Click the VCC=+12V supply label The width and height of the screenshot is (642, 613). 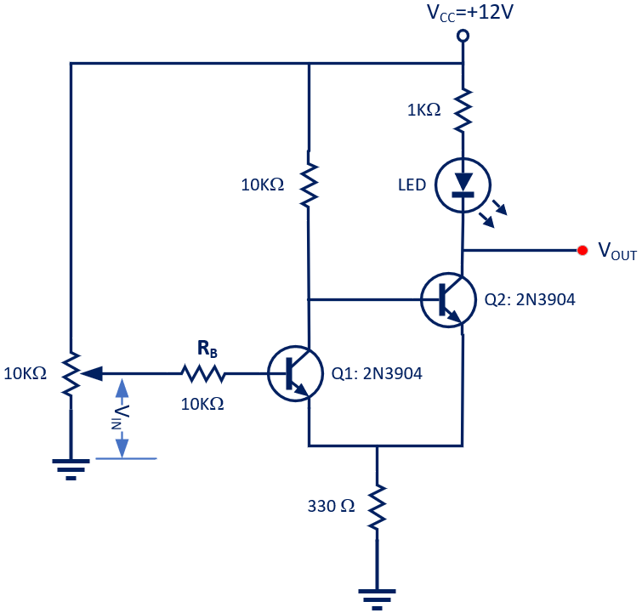pos(463,14)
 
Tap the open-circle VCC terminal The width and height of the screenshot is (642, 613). pos(463,36)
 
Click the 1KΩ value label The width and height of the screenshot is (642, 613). pos(422,110)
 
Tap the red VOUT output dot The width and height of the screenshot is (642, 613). pos(582,250)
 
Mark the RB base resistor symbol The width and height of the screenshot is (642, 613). pos(202,372)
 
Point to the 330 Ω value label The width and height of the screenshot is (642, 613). pos(331,506)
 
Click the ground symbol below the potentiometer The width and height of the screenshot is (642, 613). pos(71,468)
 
